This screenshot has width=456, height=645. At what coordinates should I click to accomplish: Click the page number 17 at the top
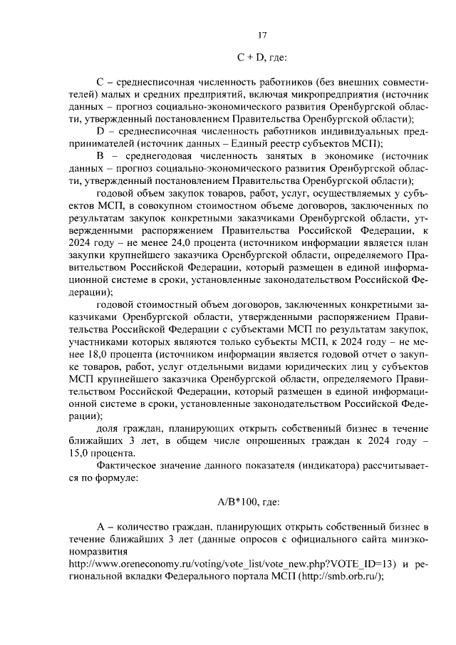262,36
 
